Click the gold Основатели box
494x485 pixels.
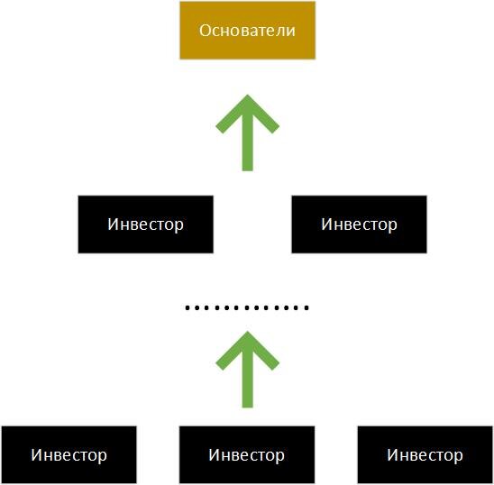[x=247, y=31]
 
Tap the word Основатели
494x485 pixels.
[x=247, y=31]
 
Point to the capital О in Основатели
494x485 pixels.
[x=205, y=31]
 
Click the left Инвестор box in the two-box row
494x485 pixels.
[x=145, y=224]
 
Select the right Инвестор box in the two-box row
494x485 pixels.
[x=359, y=224]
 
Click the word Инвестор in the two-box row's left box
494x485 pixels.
[x=145, y=224]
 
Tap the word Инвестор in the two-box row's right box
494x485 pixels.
[x=359, y=224]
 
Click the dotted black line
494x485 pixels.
[x=247, y=308]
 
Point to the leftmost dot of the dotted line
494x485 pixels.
[x=188, y=308]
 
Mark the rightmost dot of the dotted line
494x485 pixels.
[x=307, y=308]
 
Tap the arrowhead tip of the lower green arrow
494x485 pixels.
[x=247, y=331]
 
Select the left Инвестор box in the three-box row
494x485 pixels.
[x=69, y=454]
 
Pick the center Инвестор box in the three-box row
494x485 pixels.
[x=247, y=454]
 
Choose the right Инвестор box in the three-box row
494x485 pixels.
[x=425, y=454]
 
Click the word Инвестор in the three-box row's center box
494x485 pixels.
[x=247, y=455]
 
